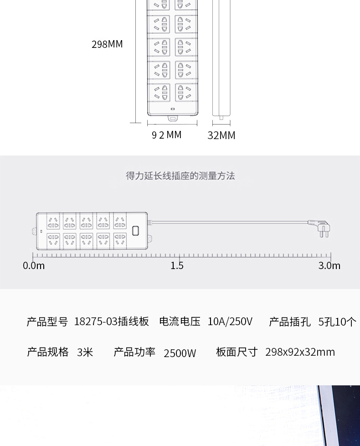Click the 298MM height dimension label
pos(107,44)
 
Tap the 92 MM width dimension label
pos(166,135)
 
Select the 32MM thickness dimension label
pos(221,135)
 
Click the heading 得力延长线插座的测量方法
pos(180,176)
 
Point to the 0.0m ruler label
pos(34,266)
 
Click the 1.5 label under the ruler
pos(177,266)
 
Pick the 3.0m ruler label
pos(329,266)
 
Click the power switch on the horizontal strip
pos(135,231)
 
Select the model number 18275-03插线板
pos(111,322)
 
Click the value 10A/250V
pos(230,322)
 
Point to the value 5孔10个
pos(337,322)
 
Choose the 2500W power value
pos(180,353)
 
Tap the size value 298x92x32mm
pos(300,352)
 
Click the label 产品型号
pos(47,322)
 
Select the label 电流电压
pos(180,322)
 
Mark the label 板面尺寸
pos(237,352)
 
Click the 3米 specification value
pos(85,352)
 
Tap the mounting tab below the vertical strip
pos(173,118)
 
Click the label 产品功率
pos(134,352)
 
